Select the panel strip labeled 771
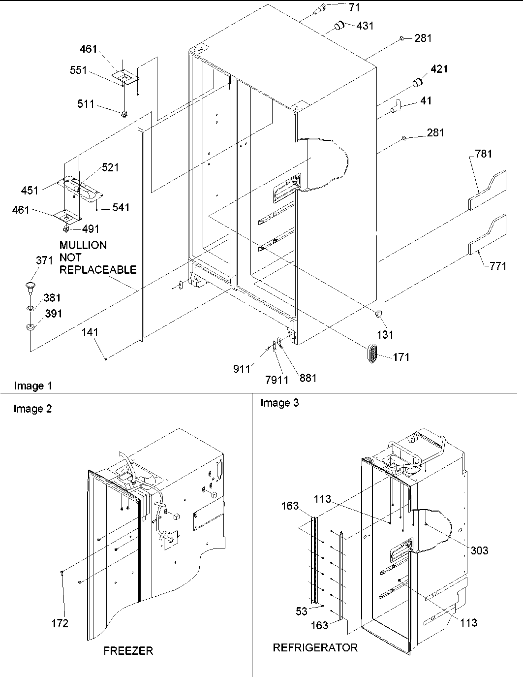pyautogui.click(x=487, y=234)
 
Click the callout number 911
pyautogui.click(x=242, y=369)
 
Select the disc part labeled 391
pyautogui.click(x=31, y=327)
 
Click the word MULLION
pyautogui.click(x=83, y=245)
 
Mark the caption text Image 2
pyautogui.click(x=32, y=409)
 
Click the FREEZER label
pyautogui.click(x=128, y=651)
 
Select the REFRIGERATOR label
pyautogui.click(x=315, y=647)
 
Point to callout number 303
pyautogui.click(x=478, y=550)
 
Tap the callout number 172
pyautogui.click(x=60, y=623)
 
